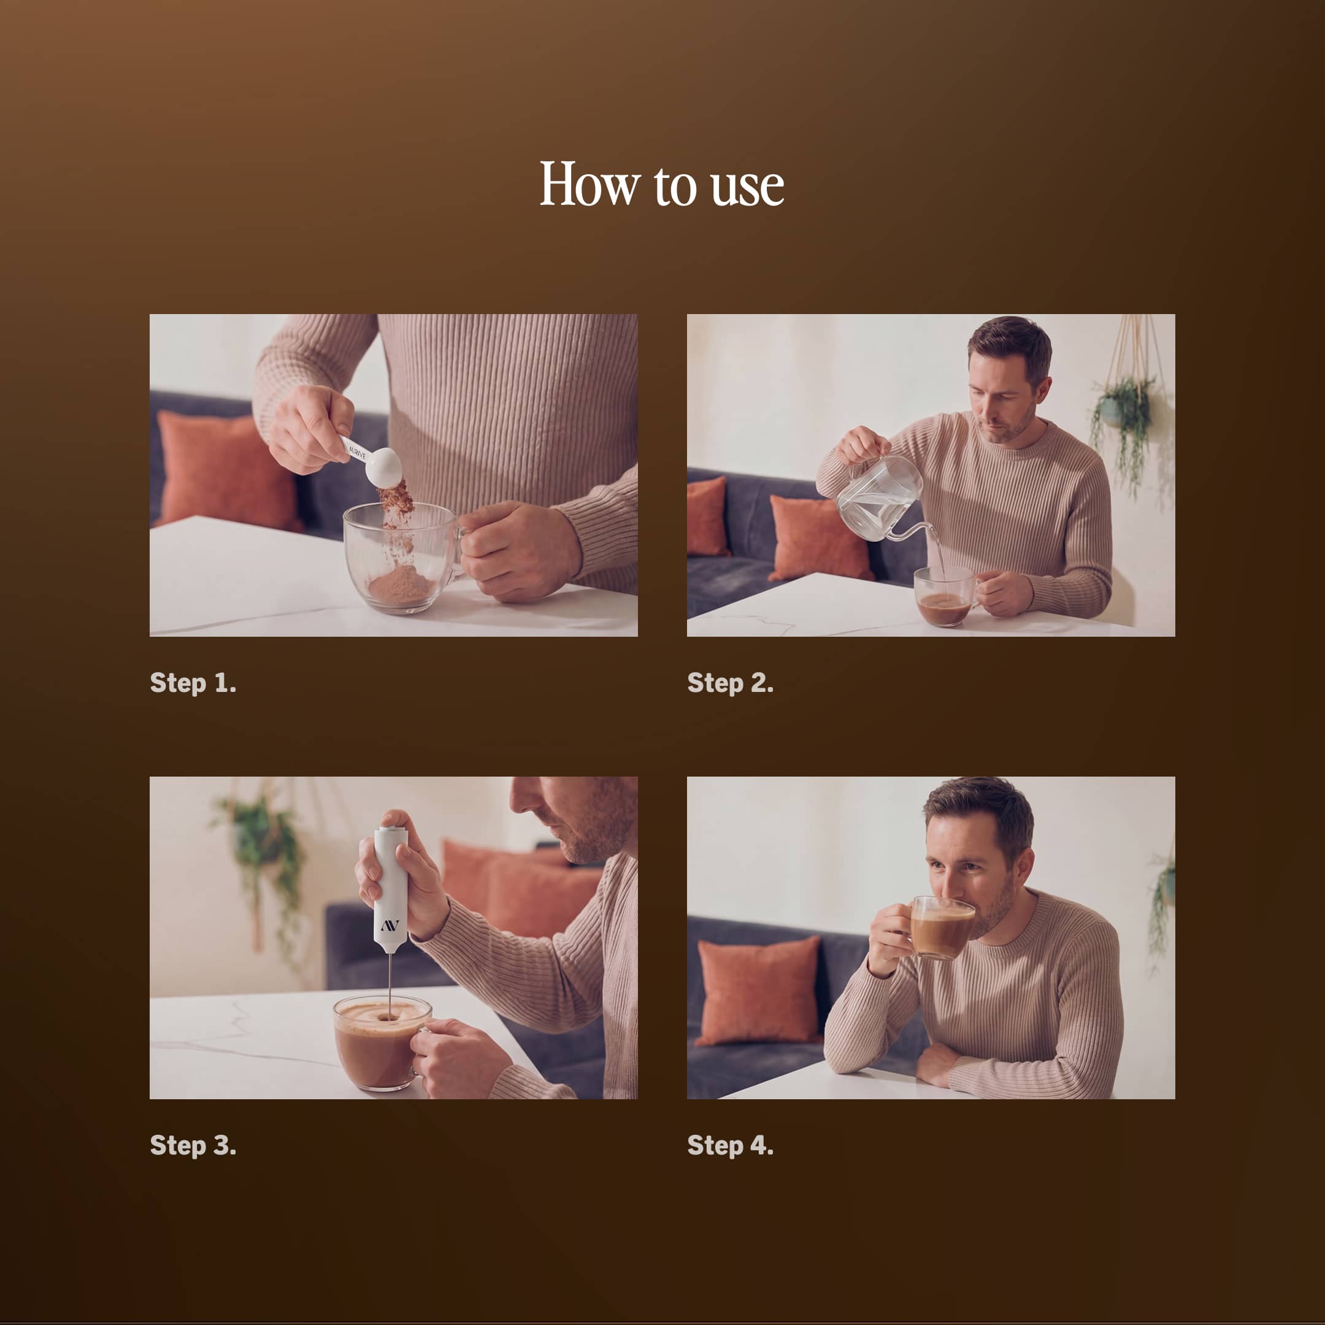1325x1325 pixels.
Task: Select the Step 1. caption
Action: [x=193, y=683]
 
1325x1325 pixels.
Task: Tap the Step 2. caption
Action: [x=731, y=683]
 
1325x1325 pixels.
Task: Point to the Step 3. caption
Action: [x=193, y=1145]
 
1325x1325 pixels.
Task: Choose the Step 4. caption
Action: [x=731, y=1145]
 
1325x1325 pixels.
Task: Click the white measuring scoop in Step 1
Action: [x=374, y=461]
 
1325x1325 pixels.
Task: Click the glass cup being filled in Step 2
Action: [x=945, y=597]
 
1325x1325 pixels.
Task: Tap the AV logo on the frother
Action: [x=390, y=925]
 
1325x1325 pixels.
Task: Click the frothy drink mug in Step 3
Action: [x=383, y=1043]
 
